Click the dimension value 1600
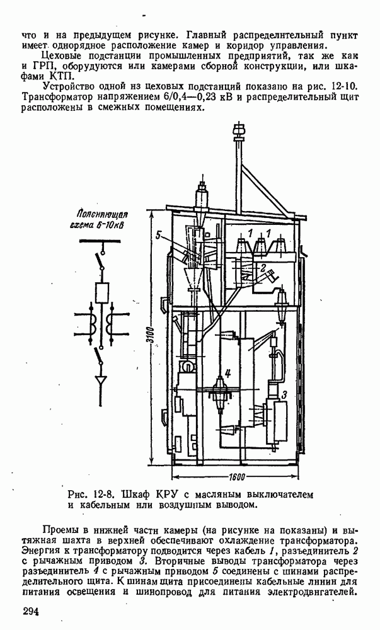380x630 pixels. pyautogui.click(x=237, y=474)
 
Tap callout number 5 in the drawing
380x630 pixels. pyautogui.click(x=161, y=236)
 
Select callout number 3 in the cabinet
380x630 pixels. pyautogui.click(x=284, y=394)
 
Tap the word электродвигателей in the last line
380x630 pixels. pyautogui.click(x=308, y=592)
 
